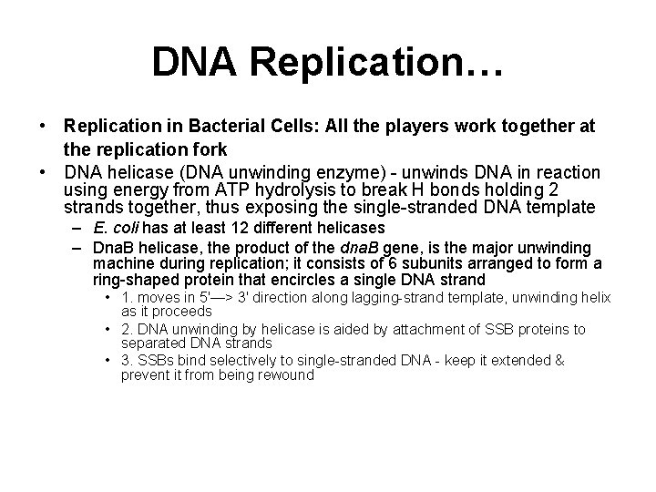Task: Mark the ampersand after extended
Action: pos(559,361)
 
